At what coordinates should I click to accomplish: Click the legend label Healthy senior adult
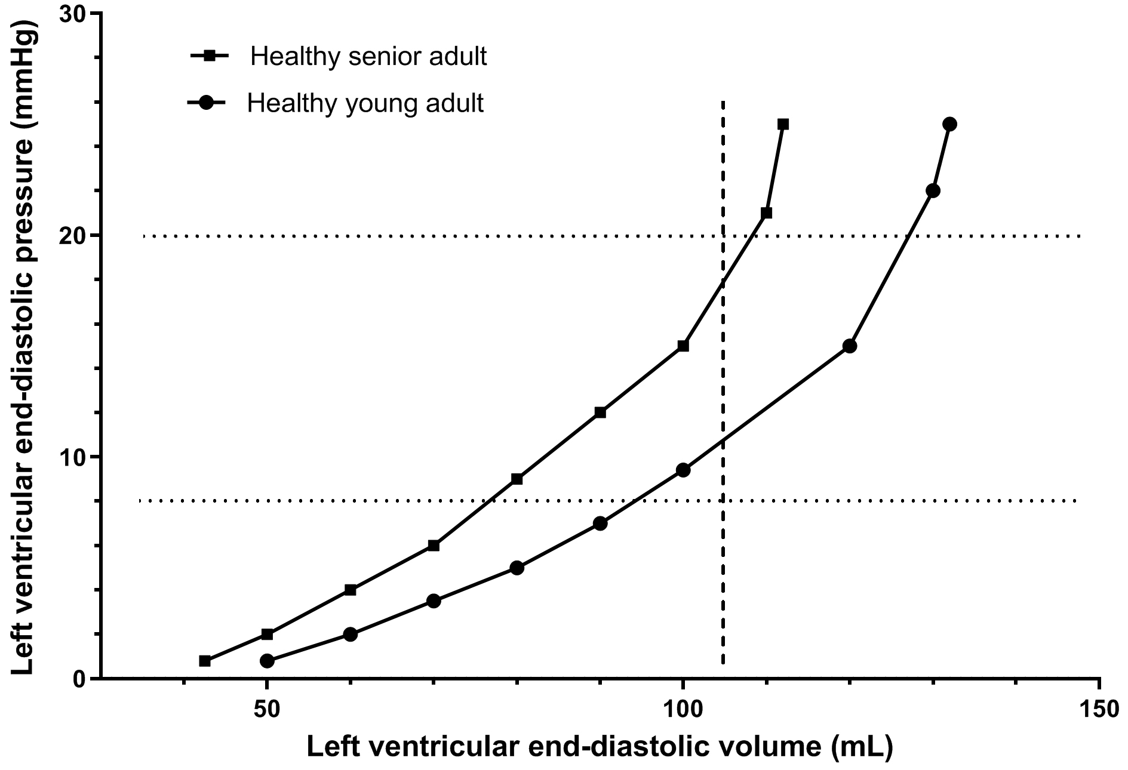[368, 57]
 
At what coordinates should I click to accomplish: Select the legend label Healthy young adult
[365, 103]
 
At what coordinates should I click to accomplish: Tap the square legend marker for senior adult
[210, 56]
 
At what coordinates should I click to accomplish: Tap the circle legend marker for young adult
[206, 103]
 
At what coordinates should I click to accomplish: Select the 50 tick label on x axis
[267, 710]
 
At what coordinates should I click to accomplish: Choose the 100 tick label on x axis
[683, 710]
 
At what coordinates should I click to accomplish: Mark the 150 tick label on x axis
[1099, 710]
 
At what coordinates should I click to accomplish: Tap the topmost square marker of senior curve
[783, 124]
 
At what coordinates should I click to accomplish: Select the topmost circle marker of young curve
[949, 124]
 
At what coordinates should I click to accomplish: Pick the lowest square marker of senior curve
[205, 661]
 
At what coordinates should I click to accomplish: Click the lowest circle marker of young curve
[267, 661]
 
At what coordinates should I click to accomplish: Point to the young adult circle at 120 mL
[849, 346]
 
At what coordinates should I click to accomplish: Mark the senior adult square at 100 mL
[683, 346]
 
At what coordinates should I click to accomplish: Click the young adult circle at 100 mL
[683, 470]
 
